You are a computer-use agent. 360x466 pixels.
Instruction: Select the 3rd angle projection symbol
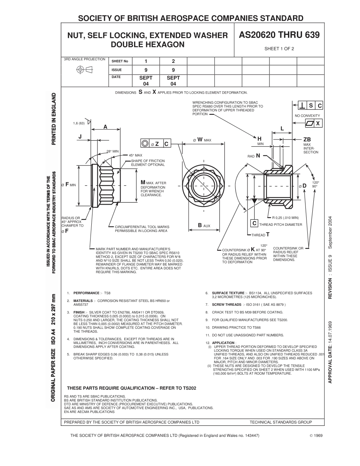click(x=85, y=69)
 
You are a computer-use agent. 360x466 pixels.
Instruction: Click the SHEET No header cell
click(x=120, y=61)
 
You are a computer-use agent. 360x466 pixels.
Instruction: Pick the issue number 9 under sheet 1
click(x=146, y=70)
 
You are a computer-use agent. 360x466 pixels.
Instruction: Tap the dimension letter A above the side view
click(x=105, y=127)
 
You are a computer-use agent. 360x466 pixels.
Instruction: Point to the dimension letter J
click(x=80, y=136)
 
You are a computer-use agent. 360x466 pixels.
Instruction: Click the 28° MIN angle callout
click(x=113, y=151)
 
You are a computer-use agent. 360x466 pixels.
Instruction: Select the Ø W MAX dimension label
click(x=202, y=140)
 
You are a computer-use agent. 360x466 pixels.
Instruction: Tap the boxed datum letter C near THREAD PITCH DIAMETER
click(x=255, y=223)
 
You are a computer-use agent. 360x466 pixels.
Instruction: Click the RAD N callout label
click(x=254, y=155)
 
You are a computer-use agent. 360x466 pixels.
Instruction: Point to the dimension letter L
click(x=282, y=129)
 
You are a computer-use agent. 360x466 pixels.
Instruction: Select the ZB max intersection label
click(x=307, y=139)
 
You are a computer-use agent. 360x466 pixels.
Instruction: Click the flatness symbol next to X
click(x=310, y=124)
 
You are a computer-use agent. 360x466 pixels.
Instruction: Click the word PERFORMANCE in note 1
click(x=86, y=293)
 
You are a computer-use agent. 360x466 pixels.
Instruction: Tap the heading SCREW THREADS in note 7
click(x=226, y=305)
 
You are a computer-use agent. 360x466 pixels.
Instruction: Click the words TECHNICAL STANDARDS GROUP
click(x=281, y=422)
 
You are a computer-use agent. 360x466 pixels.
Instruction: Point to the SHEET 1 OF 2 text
click(x=279, y=48)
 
